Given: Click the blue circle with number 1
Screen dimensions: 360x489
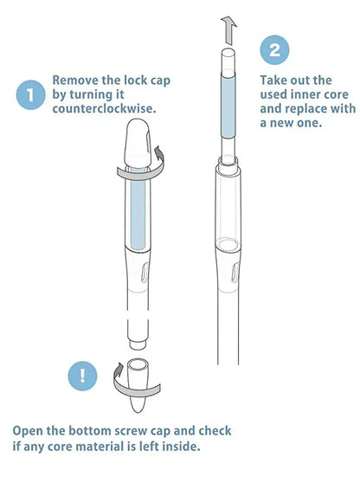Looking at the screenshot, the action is pos(30,95).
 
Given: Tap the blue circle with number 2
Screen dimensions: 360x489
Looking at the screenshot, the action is pos(274,50).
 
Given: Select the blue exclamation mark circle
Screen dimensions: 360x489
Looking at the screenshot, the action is pos(82,376).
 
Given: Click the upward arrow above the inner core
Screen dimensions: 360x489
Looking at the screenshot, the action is pos(229,30).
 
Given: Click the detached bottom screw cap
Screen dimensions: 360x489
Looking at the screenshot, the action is pos(138,385).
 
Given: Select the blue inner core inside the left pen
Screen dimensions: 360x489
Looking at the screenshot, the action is pos(138,209).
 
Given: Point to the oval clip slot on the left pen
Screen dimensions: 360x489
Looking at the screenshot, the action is pos(145,273).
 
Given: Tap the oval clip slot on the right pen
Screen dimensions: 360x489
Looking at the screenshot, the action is pos(235,273).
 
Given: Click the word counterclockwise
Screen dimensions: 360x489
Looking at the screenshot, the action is pos(104,108).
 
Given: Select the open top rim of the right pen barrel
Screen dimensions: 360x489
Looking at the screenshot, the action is pos(228,162).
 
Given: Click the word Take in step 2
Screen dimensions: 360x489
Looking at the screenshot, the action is pos(273,80).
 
